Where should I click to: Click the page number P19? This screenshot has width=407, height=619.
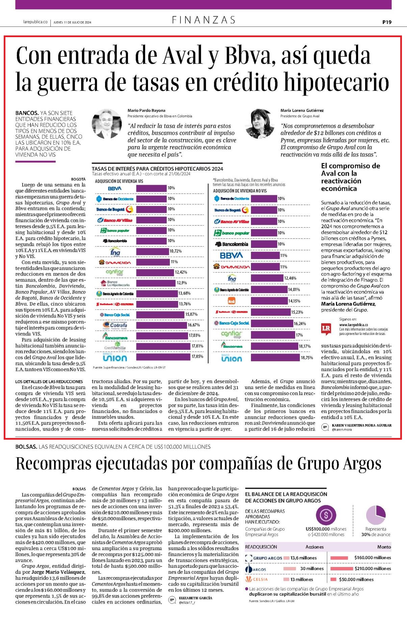(x=387, y=22)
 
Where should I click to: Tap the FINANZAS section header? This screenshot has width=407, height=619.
(x=204, y=20)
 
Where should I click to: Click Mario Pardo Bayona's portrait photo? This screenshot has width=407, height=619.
(x=106, y=124)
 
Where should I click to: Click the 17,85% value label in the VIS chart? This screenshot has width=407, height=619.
(x=197, y=356)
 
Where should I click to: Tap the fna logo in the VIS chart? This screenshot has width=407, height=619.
(x=115, y=252)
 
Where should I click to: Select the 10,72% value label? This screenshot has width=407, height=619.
(x=175, y=251)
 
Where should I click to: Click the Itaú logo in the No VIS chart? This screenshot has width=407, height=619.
(x=232, y=301)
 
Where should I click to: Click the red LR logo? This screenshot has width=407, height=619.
(x=326, y=329)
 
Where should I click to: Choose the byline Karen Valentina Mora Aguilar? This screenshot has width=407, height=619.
(x=362, y=425)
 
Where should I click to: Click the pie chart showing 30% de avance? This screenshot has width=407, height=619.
(x=376, y=515)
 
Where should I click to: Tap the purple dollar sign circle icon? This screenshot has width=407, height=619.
(x=326, y=515)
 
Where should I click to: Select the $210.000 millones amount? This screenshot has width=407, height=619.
(x=373, y=568)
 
